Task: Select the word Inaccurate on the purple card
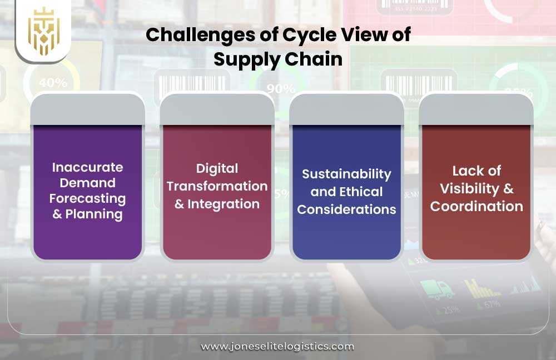(x=88, y=167)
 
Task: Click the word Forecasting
(x=88, y=198)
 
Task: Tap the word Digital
(x=217, y=168)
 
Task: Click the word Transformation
(x=217, y=186)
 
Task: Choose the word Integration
(x=224, y=204)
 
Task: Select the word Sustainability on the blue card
(x=346, y=174)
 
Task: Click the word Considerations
(x=346, y=209)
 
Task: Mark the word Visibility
(x=470, y=188)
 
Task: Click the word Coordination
(x=476, y=206)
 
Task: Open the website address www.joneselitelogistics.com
(x=277, y=346)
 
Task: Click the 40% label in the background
(x=53, y=83)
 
